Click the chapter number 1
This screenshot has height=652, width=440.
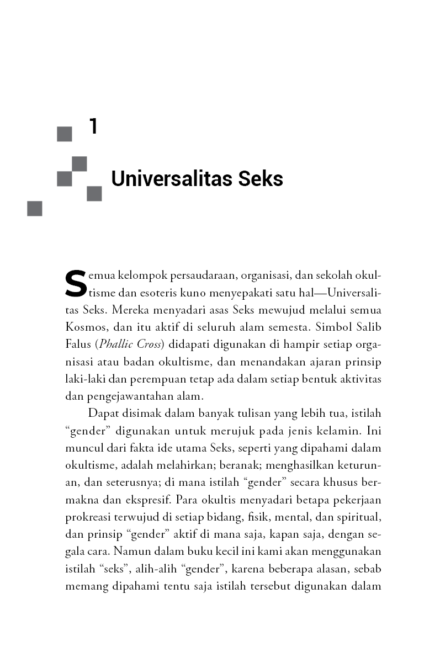[93, 126]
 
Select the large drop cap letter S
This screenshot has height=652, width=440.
[76, 283]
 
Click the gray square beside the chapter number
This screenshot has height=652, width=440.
[65, 134]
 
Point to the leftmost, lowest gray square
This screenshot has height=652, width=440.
[35, 208]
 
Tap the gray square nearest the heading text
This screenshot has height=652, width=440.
[94, 194]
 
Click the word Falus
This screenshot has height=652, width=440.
[77, 344]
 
